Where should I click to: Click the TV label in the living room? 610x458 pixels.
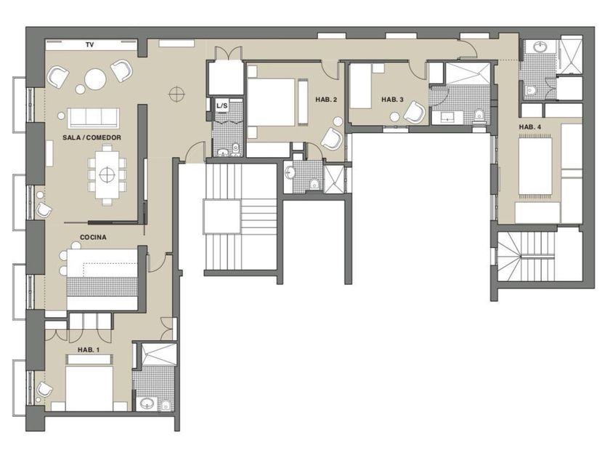[x=90, y=45]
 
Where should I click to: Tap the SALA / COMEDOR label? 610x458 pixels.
[x=91, y=137]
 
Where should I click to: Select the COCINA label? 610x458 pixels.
[x=93, y=237]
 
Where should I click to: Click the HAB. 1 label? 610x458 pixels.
[x=89, y=350]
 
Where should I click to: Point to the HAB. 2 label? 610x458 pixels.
[x=326, y=100]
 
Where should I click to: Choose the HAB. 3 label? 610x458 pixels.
[x=392, y=100]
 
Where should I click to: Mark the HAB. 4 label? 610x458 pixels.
[x=530, y=127]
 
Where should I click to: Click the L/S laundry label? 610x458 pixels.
[x=221, y=105]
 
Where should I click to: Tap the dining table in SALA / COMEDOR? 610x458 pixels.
[x=106, y=175]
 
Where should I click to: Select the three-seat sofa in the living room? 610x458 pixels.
[x=94, y=118]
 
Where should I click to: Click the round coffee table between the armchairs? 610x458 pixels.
[x=95, y=80]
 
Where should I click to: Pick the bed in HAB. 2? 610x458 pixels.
[x=272, y=102]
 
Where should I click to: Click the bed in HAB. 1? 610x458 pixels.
[x=89, y=388]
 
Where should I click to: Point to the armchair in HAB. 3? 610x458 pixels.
[x=415, y=113]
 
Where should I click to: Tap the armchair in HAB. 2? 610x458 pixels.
[x=332, y=139]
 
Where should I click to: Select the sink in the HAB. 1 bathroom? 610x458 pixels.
[x=147, y=403]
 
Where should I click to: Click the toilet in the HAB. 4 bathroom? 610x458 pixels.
[x=530, y=91]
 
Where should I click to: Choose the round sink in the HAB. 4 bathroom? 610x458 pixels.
[x=540, y=47]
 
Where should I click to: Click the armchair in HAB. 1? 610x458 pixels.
[x=44, y=389]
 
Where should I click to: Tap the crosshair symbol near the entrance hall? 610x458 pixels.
[x=176, y=94]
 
